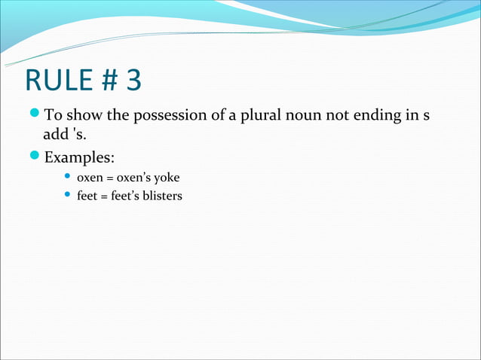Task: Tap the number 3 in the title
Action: tap(133, 81)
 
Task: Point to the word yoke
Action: tap(167, 178)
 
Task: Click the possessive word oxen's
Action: tap(133, 178)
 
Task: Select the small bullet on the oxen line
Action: tap(68, 178)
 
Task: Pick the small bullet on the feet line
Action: tap(68, 197)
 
